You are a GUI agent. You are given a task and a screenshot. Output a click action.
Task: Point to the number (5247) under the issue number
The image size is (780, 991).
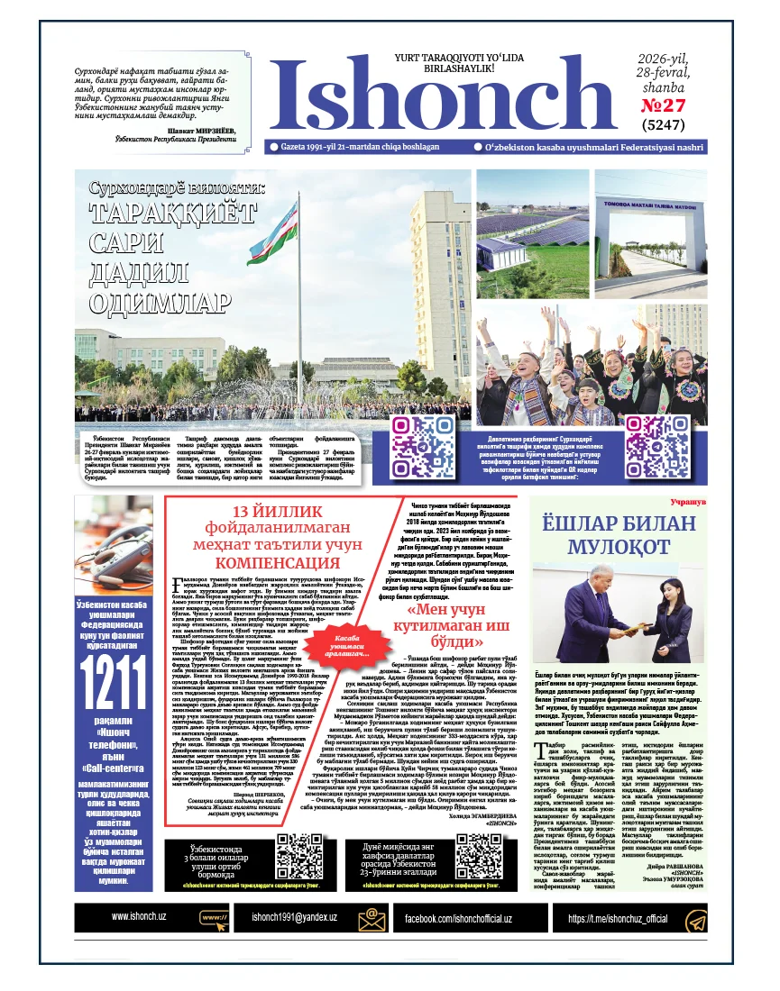click(x=663, y=126)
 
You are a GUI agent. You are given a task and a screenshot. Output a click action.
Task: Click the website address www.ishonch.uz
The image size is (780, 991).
click(x=138, y=917)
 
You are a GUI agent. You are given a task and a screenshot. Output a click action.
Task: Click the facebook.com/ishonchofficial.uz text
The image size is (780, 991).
click(x=457, y=918)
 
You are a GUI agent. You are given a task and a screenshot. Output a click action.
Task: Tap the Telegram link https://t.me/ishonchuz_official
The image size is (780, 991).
click(x=617, y=918)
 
